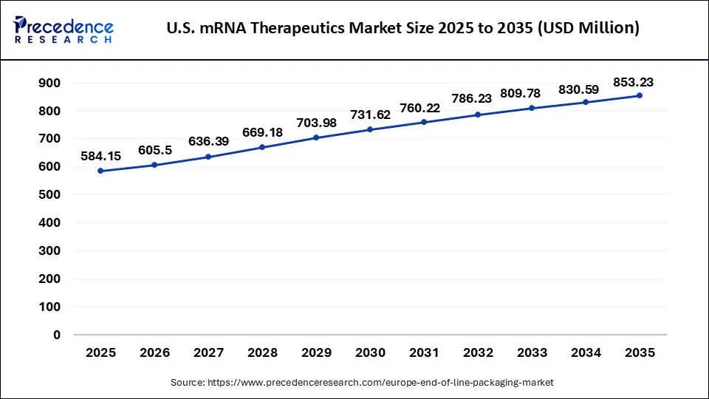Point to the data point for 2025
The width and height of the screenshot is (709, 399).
pos(100,171)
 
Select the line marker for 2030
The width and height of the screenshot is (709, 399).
pos(370,130)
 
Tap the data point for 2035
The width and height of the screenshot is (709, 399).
pos(640,96)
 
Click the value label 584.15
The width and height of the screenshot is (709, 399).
pos(100,156)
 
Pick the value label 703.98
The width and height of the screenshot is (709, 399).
pos(316,123)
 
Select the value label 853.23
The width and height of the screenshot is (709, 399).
pos(633,82)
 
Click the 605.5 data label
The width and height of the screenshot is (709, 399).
pos(154,150)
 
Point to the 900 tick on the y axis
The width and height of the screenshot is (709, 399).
pos(49,83)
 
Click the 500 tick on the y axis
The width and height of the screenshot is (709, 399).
pos(49,194)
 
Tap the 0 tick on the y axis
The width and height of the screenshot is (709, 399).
pos(56,335)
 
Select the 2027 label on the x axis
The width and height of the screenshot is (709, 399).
pos(208,353)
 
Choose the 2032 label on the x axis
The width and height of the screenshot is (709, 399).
pos(478,353)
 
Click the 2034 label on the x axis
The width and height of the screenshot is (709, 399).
pos(586,353)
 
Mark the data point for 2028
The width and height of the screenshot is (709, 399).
pos(262,148)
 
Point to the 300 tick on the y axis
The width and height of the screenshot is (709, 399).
pos(49,250)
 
